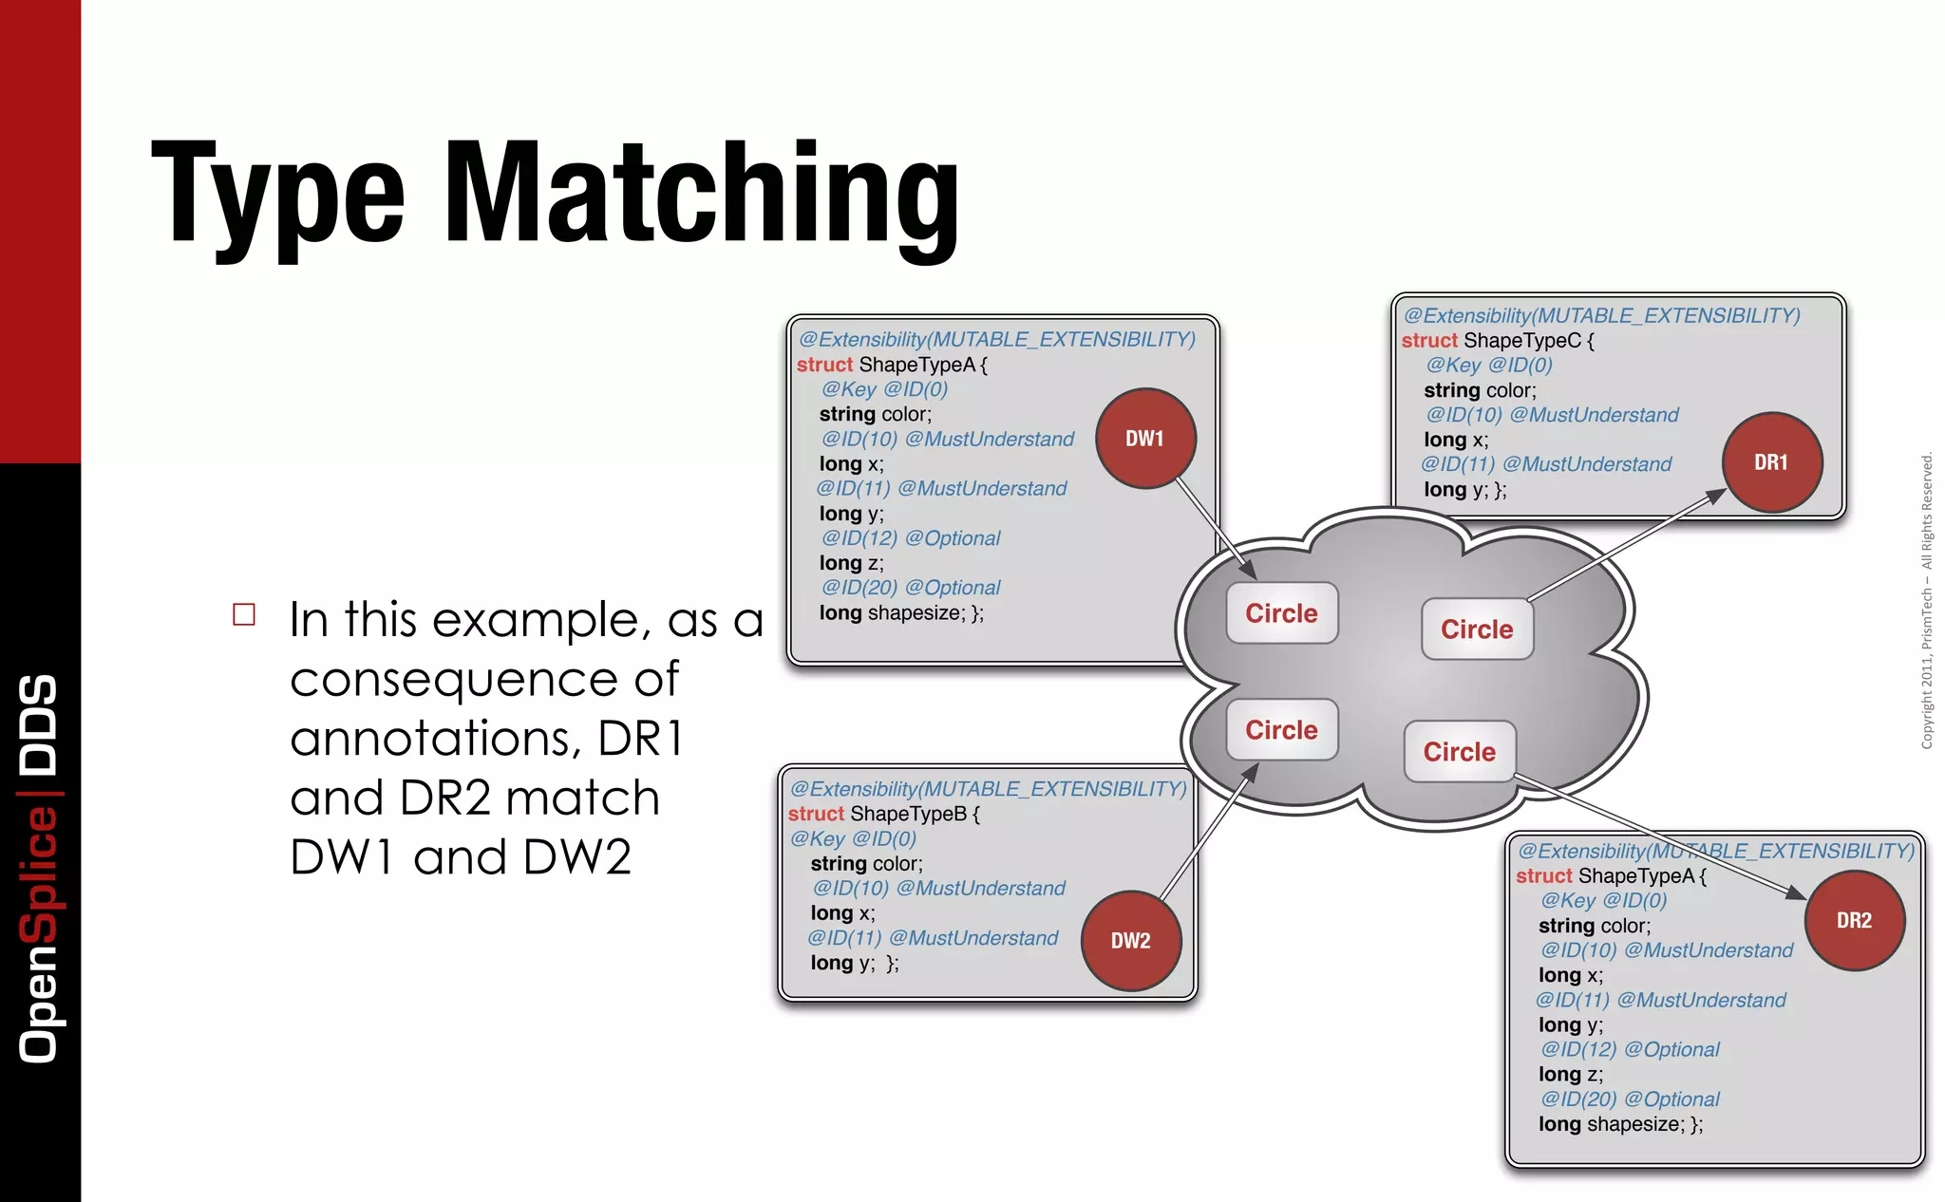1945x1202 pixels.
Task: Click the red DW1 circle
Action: pos(1145,439)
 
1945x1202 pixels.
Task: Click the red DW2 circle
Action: pos(1130,941)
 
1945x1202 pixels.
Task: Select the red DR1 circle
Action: pos(1771,462)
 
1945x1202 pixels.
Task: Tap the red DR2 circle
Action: pos(1854,920)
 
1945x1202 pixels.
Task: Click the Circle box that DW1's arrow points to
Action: pos(1281,613)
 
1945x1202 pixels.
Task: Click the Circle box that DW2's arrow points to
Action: pos(1281,730)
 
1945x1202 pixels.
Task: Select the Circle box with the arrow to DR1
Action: pos(1477,629)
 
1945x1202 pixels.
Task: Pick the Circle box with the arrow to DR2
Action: pos(1459,752)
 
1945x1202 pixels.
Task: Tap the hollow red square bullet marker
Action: pos(244,614)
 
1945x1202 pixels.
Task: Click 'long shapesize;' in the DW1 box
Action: pos(900,613)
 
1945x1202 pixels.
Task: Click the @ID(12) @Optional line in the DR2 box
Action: pos(1630,1050)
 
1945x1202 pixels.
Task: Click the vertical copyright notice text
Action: pos(1927,600)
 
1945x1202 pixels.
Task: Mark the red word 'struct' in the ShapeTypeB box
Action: pos(816,814)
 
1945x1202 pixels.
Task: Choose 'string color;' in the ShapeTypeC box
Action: pos(1480,390)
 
